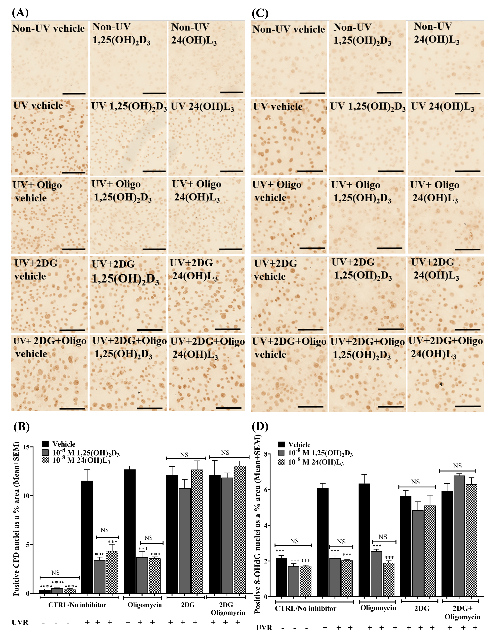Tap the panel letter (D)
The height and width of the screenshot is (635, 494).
pos(260,426)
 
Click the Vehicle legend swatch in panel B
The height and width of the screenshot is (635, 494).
pos(45,444)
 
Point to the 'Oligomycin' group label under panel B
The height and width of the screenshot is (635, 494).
pos(144,605)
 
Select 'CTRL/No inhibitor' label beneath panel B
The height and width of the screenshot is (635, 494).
pos(77,605)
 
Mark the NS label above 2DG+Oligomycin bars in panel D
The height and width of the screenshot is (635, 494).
pos(457,466)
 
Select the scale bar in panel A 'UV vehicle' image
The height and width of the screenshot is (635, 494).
pos(73,172)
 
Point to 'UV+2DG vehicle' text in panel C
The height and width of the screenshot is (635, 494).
pos(275,270)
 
